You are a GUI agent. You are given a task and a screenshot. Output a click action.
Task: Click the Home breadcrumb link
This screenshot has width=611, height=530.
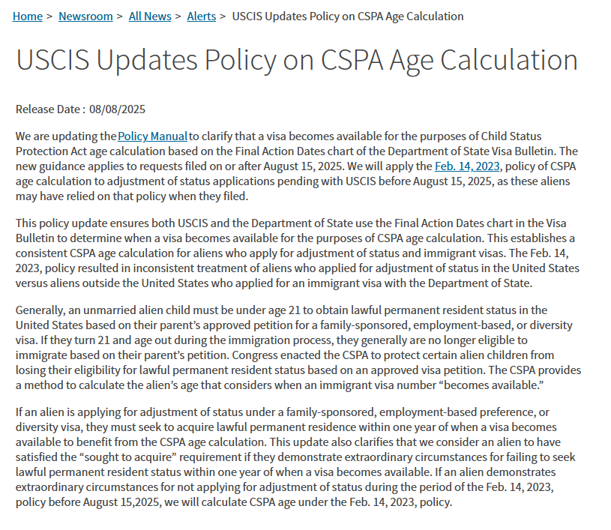28,16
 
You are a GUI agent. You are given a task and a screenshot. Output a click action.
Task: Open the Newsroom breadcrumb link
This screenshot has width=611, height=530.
85,16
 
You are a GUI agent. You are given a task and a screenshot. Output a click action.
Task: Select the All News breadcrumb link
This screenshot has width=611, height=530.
150,16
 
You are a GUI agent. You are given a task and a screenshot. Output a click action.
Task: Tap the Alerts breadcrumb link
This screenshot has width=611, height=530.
201,16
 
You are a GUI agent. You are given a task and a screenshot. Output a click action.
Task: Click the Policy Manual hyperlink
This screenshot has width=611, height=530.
153,136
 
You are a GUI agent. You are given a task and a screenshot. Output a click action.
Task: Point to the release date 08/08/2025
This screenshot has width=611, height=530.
117,109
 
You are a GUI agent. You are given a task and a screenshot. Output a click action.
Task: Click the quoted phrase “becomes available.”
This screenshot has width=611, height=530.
487,385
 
